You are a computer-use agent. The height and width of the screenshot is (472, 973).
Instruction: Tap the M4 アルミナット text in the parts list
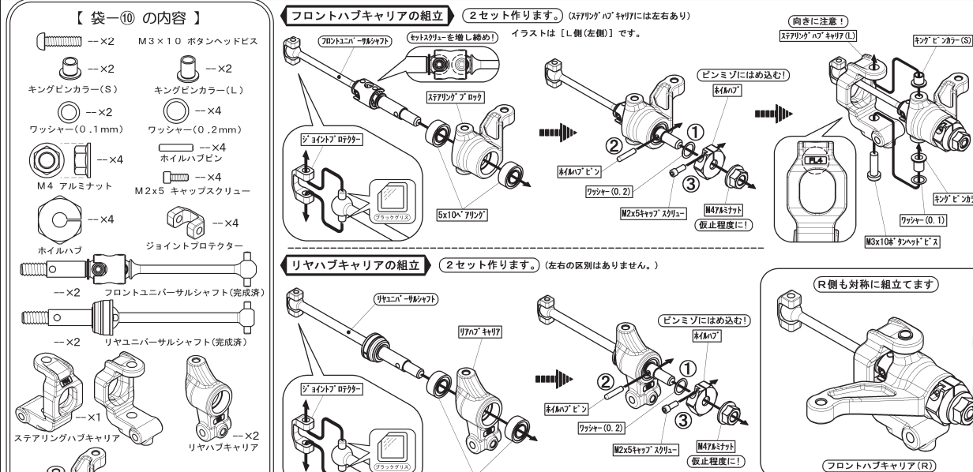[58, 163]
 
